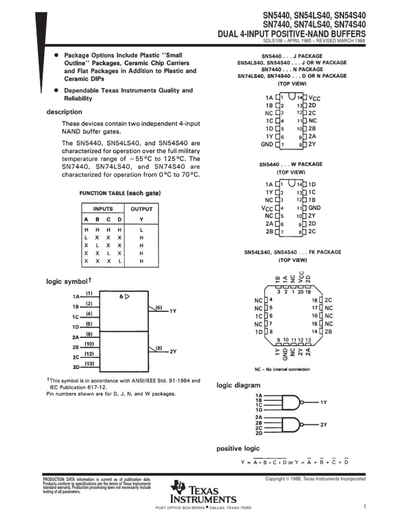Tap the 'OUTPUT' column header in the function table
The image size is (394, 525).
pos(142,209)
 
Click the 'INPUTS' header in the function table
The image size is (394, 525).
pos(103,209)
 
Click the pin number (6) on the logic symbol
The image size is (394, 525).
pos(159,308)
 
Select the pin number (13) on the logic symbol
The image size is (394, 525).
pos(89,364)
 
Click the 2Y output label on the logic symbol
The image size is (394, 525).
pos(173,352)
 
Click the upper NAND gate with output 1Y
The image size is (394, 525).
pos(291,403)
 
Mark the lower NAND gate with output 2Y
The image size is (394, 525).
pos(291,426)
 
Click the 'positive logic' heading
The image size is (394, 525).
pos(238,449)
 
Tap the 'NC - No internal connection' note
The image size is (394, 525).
pos(282,369)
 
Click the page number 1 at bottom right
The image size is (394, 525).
pos(363,507)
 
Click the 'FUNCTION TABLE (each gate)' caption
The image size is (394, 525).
pos(120,193)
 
